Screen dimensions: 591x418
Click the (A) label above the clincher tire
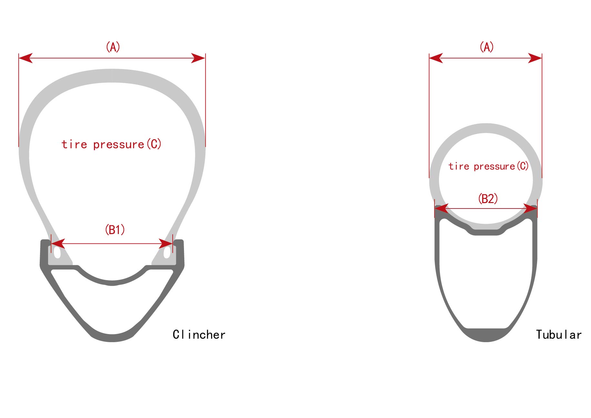[x=113, y=47]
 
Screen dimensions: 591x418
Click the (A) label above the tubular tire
[x=486, y=47]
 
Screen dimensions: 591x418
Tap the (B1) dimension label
[x=115, y=230]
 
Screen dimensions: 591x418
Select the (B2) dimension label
[x=488, y=199]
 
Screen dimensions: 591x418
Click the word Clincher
[x=199, y=335]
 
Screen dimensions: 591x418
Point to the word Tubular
[x=559, y=335]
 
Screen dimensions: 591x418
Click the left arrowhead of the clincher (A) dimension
[x=25, y=58]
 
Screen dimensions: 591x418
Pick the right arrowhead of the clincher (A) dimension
[x=198, y=58]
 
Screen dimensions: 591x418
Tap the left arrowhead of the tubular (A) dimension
[x=436, y=58]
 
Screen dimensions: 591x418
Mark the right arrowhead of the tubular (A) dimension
[x=535, y=58]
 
